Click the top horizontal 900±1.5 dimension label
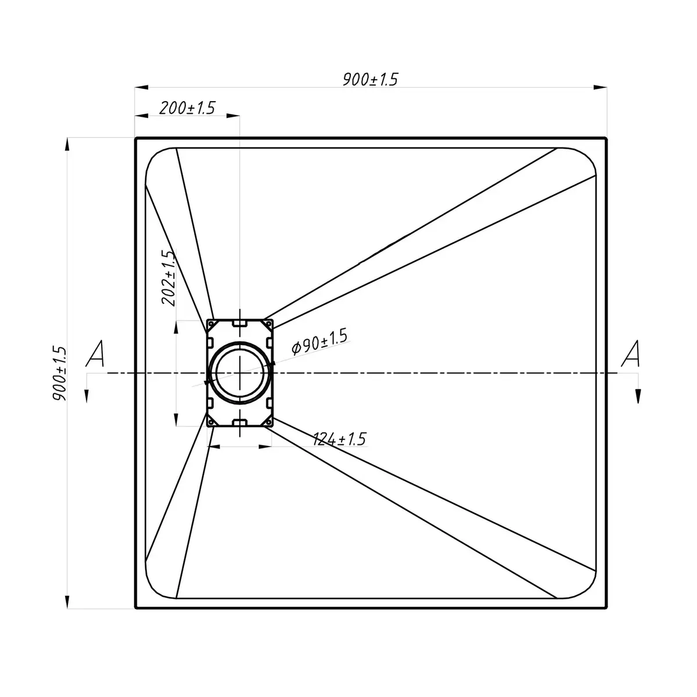click(x=370, y=79)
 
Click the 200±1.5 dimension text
click(x=187, y=108)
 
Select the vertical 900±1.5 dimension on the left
click(x=60, y=373)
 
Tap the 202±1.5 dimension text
click(x=169, y=278)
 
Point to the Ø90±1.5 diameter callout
click(x=319, y=341)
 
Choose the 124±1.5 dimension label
click(x=339, y=439)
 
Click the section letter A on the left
click(x=95, y=353)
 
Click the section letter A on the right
click(x=631, y=353)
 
